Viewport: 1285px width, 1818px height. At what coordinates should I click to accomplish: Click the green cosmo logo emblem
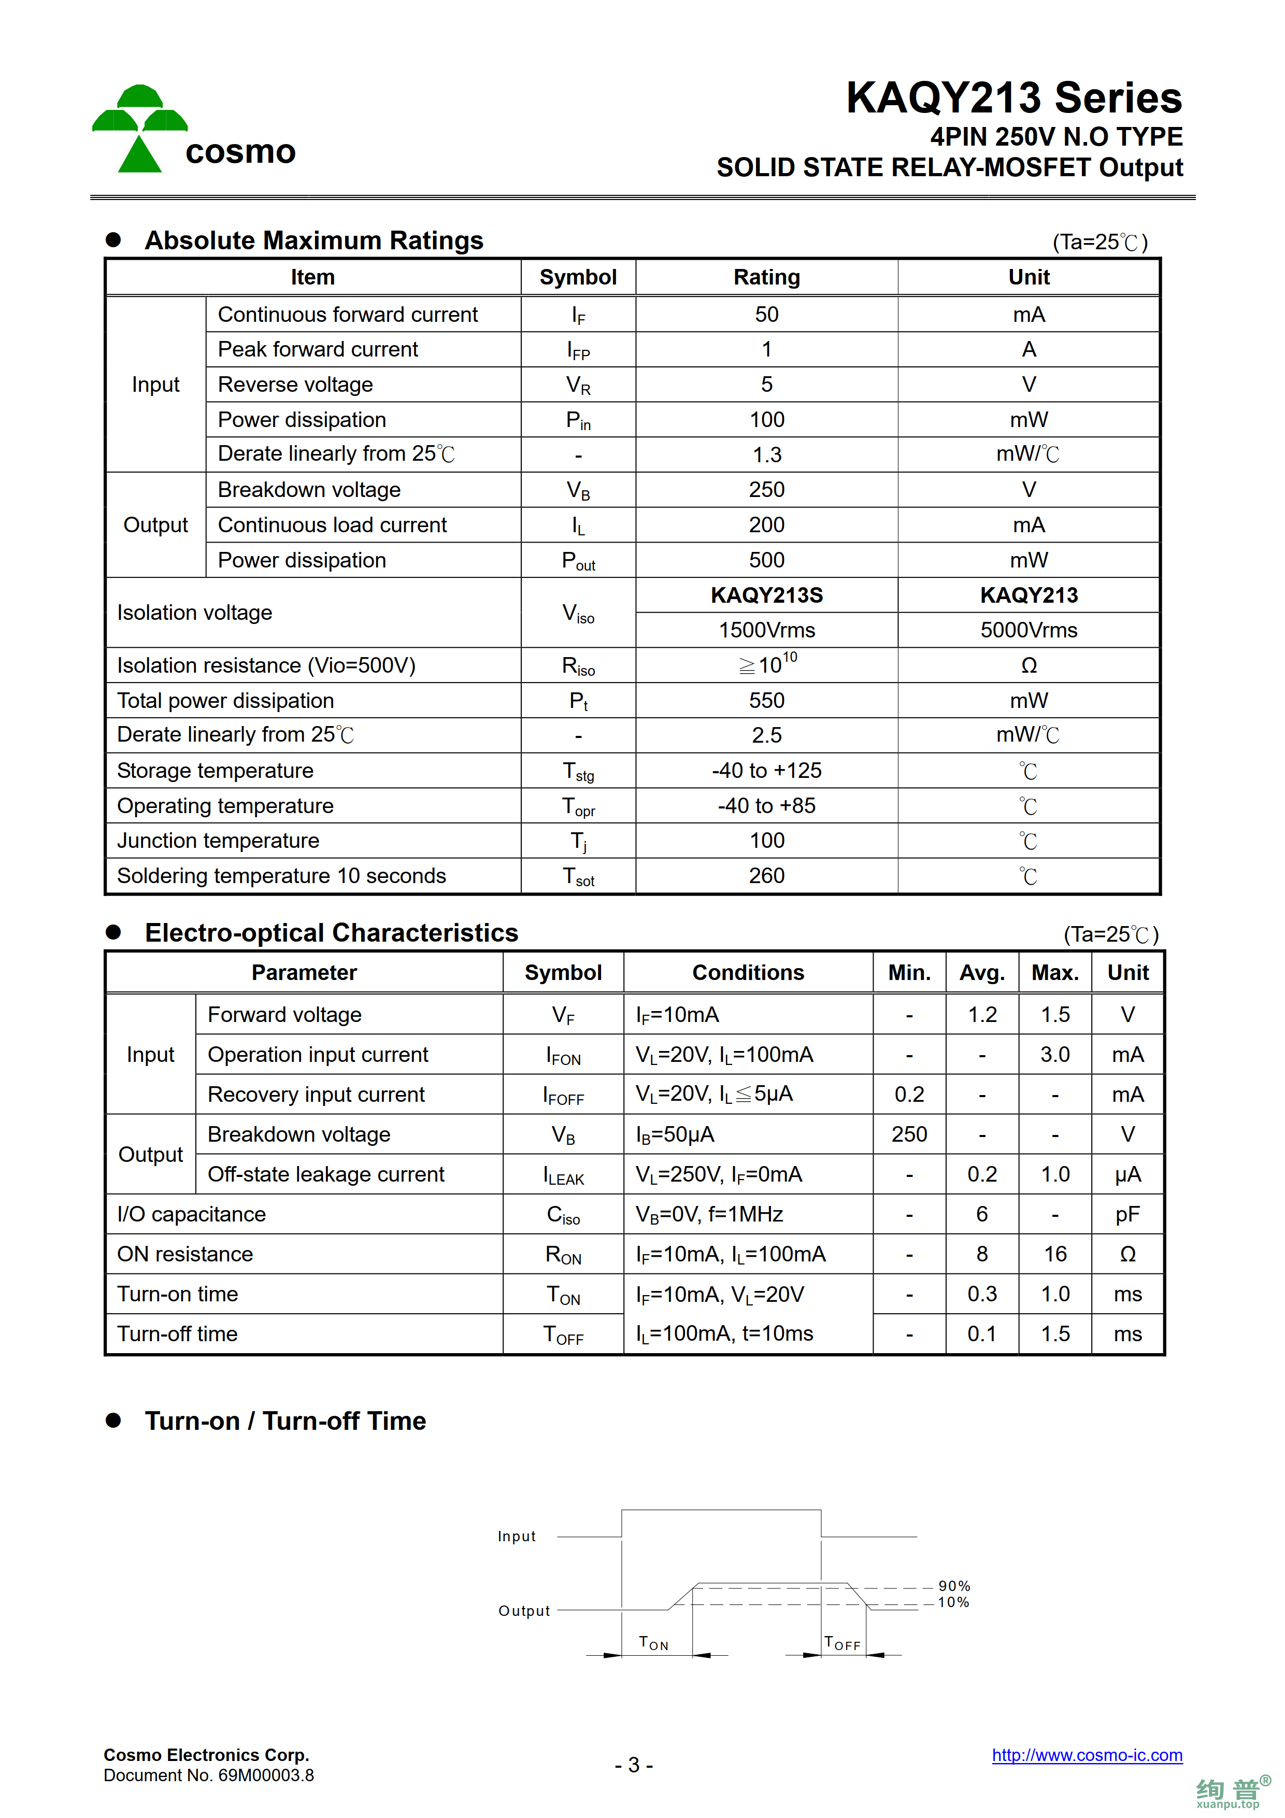139,129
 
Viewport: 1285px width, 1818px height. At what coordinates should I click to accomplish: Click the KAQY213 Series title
1013,98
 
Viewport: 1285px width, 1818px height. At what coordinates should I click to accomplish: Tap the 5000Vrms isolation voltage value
1029,630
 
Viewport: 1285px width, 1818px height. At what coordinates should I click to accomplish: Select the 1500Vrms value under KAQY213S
766,630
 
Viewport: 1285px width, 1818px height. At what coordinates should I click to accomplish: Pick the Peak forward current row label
318,349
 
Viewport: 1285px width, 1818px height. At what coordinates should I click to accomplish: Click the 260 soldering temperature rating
766,876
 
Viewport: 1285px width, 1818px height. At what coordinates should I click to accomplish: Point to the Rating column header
766,277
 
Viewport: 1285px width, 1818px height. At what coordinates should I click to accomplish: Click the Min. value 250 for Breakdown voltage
909,1134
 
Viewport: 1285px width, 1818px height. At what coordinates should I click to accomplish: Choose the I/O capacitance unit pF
1127,1215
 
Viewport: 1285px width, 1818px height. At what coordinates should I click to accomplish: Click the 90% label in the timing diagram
954,1586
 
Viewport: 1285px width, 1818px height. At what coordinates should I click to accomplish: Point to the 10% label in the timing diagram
953,1602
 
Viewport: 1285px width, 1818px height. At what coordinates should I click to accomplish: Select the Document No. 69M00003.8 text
209,1775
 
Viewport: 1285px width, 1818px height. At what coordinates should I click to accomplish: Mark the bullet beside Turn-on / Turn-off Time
113,1421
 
